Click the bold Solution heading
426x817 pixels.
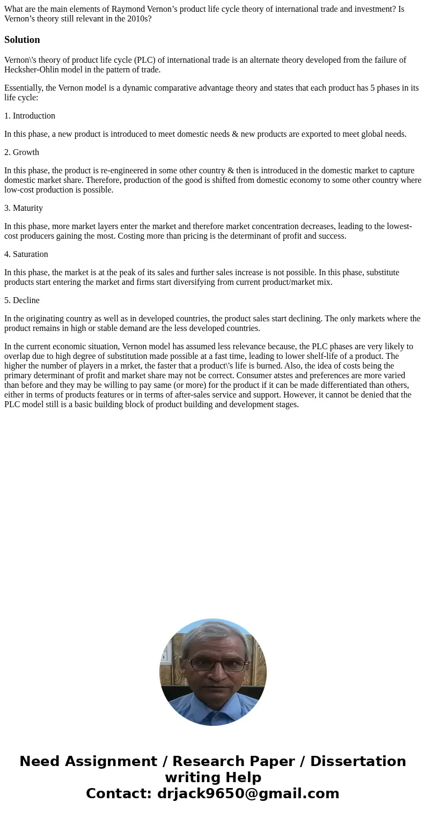point(22,40)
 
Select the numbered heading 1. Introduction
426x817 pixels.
point(30,116)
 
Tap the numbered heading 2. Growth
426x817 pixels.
point(21,152)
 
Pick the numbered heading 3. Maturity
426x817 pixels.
point(24,208)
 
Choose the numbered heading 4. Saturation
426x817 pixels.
point(26,254)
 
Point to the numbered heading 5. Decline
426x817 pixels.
point(22,300)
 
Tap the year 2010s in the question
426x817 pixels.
point(139,19)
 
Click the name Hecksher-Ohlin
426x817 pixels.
point(34,70)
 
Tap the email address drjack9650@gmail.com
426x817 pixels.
point(248,793)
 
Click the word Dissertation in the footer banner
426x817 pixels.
point(358,761)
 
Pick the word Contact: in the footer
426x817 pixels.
point(119,793)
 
